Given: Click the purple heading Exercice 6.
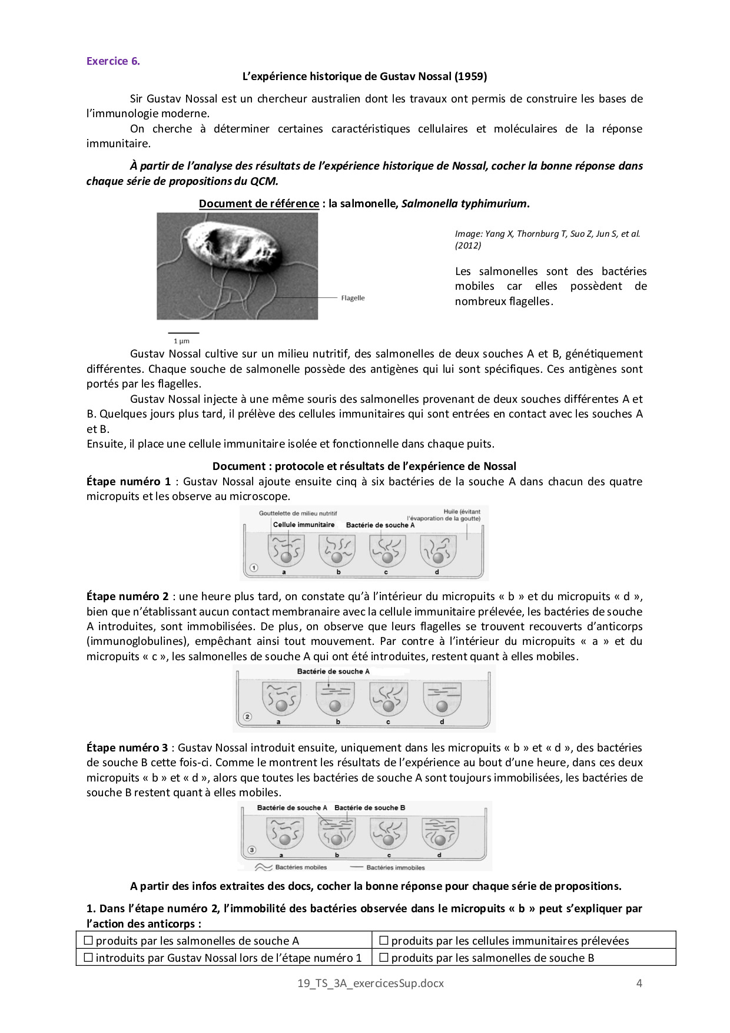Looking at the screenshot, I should point(113,61).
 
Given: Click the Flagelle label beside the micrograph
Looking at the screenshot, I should point(353,298).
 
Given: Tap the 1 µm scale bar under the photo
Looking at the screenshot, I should point(182,333).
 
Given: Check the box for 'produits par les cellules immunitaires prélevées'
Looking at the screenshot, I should point(384,941).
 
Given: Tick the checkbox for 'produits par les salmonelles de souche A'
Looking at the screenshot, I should point(89,941).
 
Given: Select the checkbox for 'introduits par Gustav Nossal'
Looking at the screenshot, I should point(89,958).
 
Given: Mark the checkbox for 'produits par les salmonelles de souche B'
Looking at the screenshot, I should point(384,958).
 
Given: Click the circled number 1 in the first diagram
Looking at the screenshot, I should point(254,568).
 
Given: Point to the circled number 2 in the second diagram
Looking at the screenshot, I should point(247,717).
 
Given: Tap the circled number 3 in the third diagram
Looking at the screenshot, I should point(252,850).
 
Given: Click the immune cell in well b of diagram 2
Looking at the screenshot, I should point(335,706).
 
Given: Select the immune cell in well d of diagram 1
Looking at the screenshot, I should point(438,557).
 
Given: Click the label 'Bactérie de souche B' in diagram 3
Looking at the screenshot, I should point(370,807).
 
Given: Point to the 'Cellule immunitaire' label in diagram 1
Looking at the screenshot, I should point(303,525).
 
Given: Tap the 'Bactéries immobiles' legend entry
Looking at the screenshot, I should point(395,867).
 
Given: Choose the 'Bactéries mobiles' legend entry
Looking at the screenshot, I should point(300,867).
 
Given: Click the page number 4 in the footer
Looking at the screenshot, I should point(639,983).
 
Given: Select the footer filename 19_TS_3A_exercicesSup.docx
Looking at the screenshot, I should point(370,983).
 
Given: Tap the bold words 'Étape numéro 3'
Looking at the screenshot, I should point(127,748).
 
